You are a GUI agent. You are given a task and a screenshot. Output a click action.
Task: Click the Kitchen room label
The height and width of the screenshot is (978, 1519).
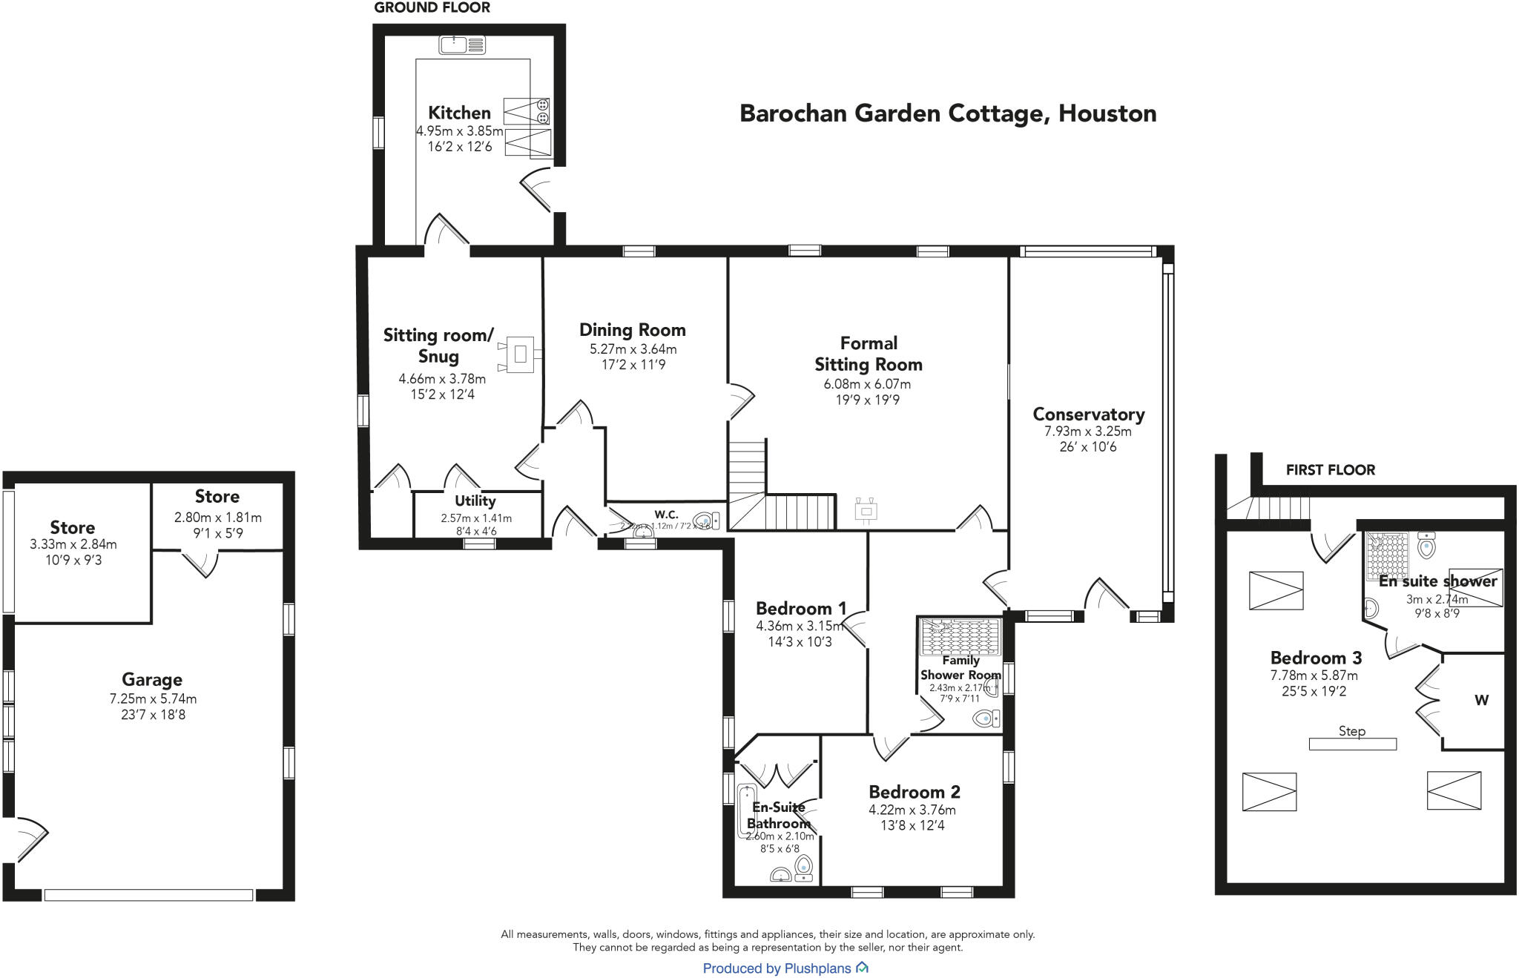(459, 113)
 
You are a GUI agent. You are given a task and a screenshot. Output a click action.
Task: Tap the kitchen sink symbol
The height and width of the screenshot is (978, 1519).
(461, 45)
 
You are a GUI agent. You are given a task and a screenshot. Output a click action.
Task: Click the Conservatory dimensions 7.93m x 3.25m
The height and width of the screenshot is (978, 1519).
(1087, 431)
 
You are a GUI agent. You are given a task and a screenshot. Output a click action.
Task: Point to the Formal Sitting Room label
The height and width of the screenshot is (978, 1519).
(868, 354)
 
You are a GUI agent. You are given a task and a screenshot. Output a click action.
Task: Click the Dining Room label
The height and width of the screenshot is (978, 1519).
(632, 330)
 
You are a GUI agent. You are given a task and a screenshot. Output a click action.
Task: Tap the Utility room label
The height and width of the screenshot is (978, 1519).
(475, 500)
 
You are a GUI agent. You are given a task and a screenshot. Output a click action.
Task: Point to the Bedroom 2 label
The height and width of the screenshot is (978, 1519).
(914, 791)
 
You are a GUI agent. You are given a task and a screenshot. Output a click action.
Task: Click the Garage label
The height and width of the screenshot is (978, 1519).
(152, 679)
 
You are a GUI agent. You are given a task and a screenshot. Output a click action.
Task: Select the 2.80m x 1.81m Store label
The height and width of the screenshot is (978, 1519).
(217, 496)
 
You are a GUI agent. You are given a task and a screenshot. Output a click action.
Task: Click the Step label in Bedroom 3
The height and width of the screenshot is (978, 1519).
(1351, 731)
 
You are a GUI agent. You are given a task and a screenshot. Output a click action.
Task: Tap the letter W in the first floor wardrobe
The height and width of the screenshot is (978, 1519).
(1481, 700)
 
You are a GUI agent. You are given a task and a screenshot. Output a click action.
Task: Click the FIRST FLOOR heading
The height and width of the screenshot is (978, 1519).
(1330, 469)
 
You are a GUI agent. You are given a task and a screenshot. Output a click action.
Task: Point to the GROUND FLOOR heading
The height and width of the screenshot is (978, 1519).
(432, 8)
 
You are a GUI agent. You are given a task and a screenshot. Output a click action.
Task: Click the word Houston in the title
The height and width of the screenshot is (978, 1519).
(1107, 113)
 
